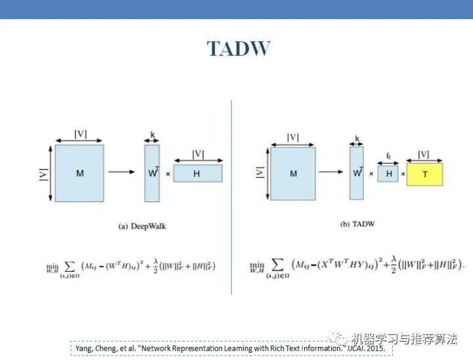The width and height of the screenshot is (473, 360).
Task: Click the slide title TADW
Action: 238,49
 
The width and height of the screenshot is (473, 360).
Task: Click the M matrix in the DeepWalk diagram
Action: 79,173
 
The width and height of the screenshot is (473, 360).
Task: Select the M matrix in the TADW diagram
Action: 293,173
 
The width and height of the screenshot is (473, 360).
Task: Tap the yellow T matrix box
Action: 424,174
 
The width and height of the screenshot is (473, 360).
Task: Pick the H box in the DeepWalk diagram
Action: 197,173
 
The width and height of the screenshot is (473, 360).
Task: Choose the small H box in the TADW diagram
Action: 388,174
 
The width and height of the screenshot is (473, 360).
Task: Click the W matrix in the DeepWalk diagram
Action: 152,173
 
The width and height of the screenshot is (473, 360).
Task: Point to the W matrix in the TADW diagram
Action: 357,173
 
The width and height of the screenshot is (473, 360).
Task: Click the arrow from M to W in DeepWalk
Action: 122,173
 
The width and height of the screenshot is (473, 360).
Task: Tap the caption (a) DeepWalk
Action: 142,226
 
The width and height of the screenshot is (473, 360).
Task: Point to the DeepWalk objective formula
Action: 131,266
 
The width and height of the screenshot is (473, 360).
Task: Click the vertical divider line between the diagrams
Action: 232,197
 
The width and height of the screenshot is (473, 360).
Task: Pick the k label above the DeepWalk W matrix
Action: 152,134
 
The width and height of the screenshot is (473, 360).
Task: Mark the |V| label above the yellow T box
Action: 424,154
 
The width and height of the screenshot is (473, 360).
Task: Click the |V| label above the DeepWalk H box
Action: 198,154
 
